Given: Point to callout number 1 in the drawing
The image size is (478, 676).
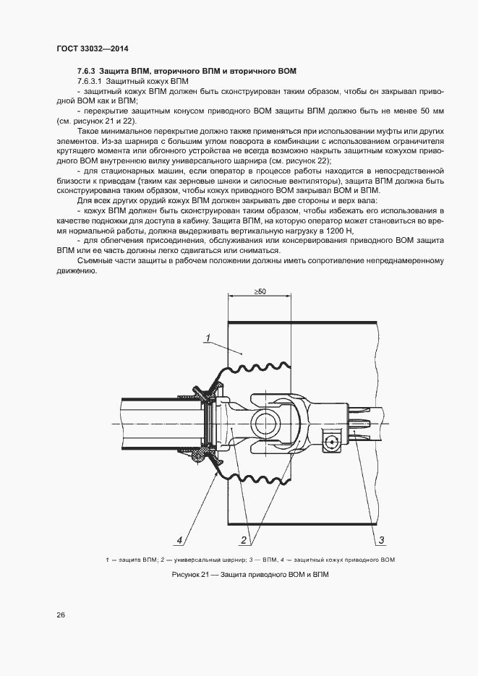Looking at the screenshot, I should pyautogui.click(x=207, y=337).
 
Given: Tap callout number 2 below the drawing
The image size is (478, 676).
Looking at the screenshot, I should pyautogui.click(x=244, y=539).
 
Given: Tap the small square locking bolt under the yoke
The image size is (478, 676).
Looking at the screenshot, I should pyautogui.click(x=332, y=441).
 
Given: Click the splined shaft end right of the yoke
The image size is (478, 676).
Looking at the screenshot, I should pyautogui.click(x=364, y=423).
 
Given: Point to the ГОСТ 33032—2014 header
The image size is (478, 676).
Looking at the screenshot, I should pyautogui.click(x=87, y=49).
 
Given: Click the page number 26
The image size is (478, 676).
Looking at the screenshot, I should pyautogui.click(x=61, y=615).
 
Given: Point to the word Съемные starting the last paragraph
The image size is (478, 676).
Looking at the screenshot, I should pyautogui.click(x=94, y=260).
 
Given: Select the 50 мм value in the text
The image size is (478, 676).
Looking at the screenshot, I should pyautogui.click(x=431, y=110).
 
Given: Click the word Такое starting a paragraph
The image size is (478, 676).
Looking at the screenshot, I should pyautogui.click(x=89, y=131).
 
